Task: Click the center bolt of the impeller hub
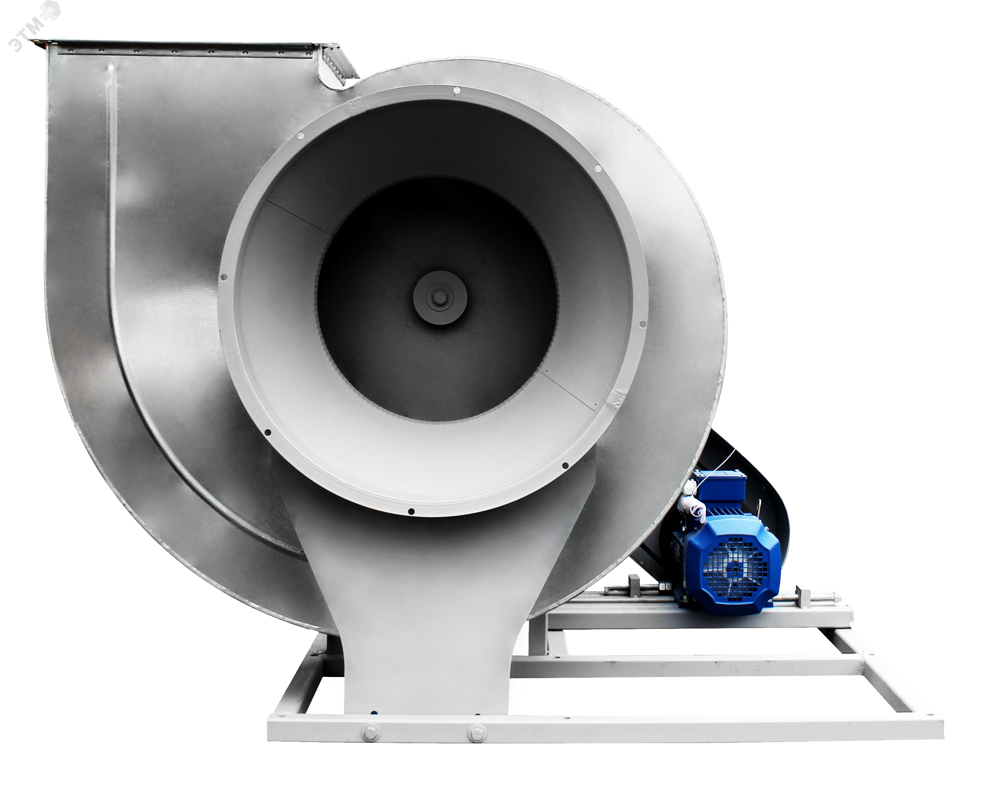440,298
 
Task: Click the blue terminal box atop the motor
720,486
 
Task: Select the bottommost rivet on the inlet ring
411,511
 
